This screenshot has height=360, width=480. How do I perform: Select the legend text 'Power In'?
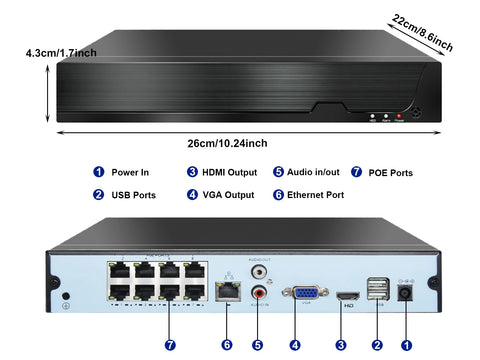coord(131,172)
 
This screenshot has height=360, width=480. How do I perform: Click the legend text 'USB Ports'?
coord(134,195)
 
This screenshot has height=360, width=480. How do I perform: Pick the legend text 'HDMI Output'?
coord(229,172)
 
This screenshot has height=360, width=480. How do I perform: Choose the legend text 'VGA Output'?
coord(227,195)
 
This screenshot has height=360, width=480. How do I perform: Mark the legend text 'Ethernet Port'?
coord(315,195)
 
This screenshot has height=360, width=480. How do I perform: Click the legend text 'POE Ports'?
coord(391,172)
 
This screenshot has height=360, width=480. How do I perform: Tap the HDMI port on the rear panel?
coord(348,296)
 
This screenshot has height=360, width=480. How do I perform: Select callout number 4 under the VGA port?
coord(295,345)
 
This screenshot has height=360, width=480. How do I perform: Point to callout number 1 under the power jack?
coord(407,345)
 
